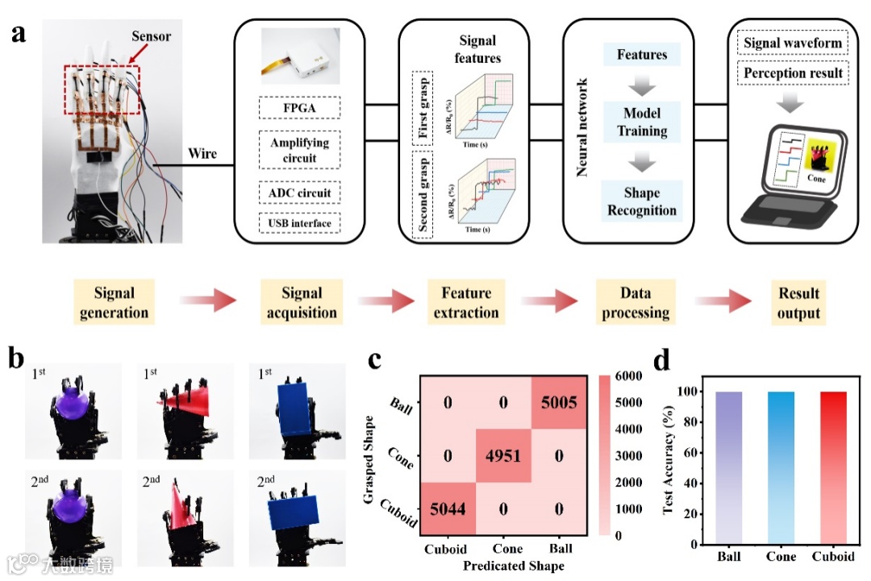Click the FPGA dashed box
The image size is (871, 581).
pos(299,108)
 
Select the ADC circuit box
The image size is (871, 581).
pos(299,193)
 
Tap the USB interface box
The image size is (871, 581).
pos(299,223)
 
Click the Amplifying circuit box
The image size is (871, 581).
pos(299,150)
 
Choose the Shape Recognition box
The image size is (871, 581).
pos(642,201)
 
